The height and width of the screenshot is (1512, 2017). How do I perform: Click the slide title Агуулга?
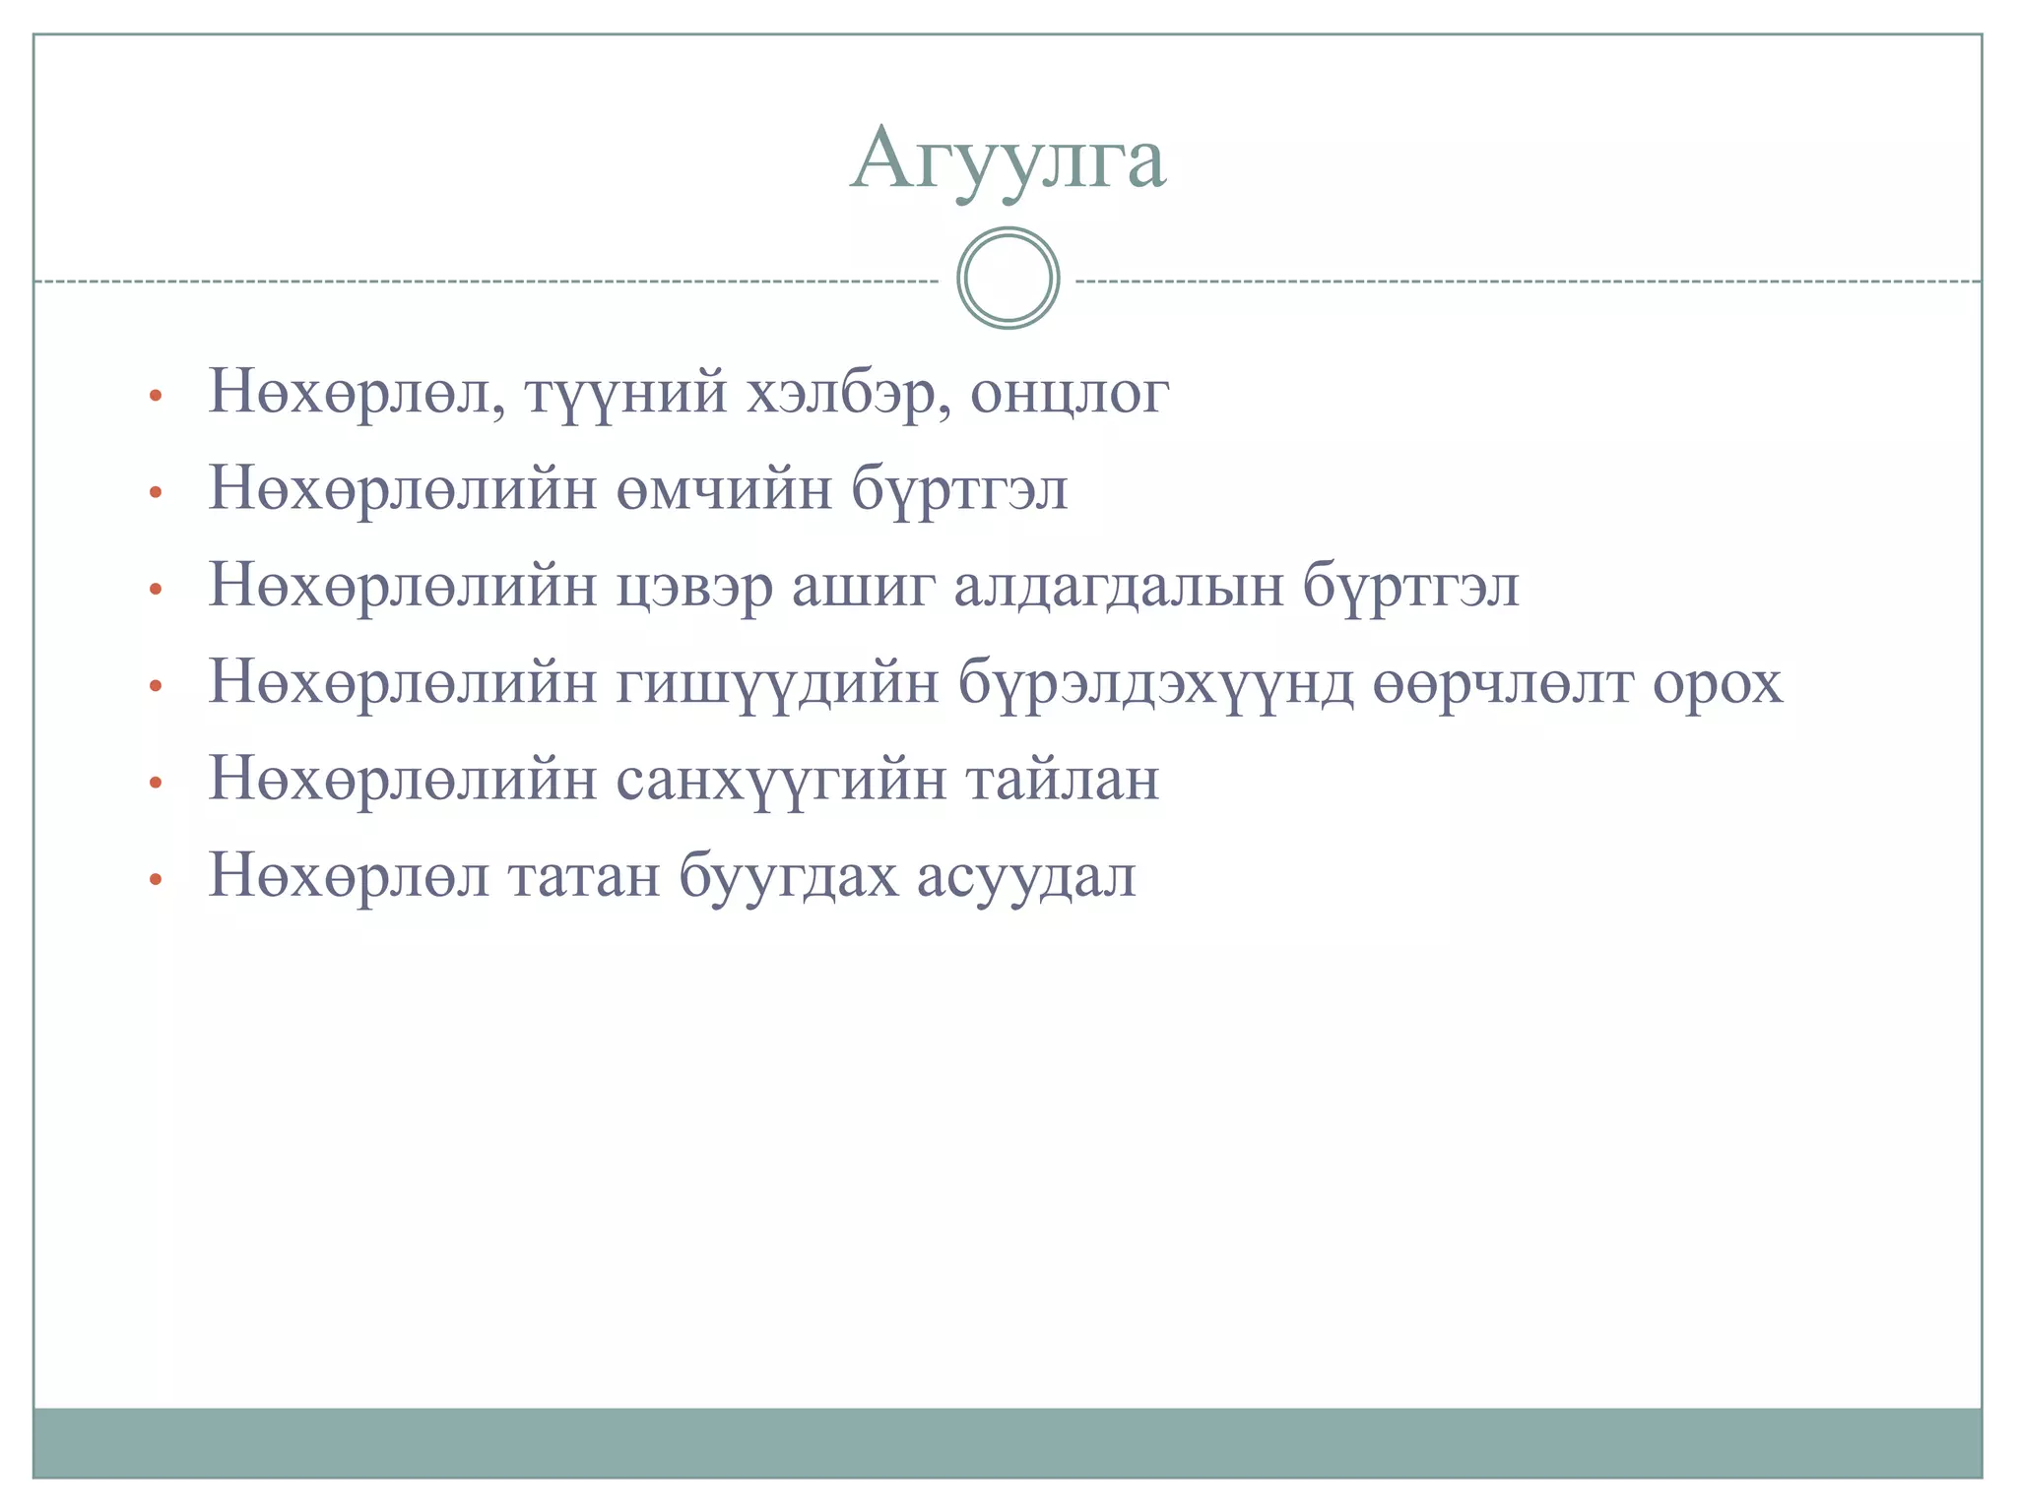click(x=1008, y=159)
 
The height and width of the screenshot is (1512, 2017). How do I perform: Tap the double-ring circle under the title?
click(x=1008, y=279)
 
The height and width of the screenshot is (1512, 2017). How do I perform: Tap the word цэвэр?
click(x=693, y=587)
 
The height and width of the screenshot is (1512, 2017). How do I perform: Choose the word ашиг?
click(x=863, y=587)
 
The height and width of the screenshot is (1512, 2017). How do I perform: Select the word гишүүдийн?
click(x=777, y=682)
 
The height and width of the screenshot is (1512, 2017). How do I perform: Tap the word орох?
click(x=1718, y=682)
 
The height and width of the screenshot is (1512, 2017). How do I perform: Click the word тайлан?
click(x=1062, y=780)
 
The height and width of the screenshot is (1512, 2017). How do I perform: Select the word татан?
click(x=584, y=875)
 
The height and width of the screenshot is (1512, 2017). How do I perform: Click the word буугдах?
click(x=788, y=875)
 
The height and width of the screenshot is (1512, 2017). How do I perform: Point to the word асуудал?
click(x=1026, y=875)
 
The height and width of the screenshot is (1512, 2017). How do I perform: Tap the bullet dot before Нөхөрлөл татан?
click(x=154, y=879)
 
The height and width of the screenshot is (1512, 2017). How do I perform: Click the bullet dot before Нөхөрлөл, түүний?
click(x=154, y=397)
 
